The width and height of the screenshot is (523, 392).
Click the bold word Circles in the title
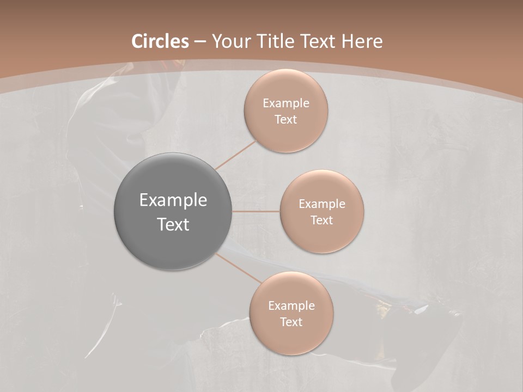click(x=160, y=41)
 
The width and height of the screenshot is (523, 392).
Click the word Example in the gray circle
click(x=173, y=200)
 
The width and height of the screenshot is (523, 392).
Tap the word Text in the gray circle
click(x=173, y=224)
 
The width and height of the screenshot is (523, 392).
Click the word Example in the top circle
click(x=285, y=103)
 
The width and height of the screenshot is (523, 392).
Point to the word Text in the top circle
click(x=285, y=120)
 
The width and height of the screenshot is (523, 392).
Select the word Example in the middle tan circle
click(x=321, y=204)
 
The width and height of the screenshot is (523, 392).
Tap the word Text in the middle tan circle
click(x=321, y=220)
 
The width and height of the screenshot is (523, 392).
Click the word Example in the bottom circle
click(x=291, y=306)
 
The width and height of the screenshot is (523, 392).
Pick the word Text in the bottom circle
click(x=291, y=322)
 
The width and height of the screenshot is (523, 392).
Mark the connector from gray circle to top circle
click(x=235, y=155)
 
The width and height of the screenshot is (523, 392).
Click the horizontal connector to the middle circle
click(x=256, y=211)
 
